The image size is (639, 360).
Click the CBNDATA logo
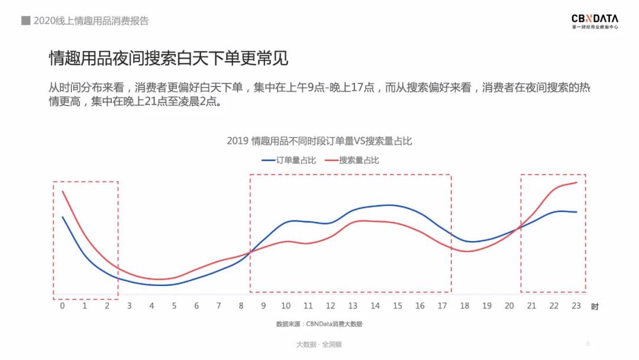click(595, 21)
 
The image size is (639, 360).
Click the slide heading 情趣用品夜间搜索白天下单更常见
click(169, 59)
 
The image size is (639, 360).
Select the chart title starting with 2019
click(319, 141)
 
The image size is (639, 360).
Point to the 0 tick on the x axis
click(62, 306)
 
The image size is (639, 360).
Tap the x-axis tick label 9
click(263, 306)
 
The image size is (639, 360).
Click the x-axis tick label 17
click(442, 306)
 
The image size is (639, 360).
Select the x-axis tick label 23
click(576, 306)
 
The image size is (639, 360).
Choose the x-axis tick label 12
click(330, 306)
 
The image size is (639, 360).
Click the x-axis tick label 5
click(174, 306)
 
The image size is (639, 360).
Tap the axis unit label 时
click(595, 307)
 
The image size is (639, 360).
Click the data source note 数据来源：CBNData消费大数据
click(319, 324)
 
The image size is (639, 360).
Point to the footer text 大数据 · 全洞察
click(319, 344)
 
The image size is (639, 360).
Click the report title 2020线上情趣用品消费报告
click(91, 21)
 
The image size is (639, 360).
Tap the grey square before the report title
click(25, 21)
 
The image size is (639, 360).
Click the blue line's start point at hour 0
click(62, 217)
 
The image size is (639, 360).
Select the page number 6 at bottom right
click(588, 343)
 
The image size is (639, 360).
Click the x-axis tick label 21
click(531, 306)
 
